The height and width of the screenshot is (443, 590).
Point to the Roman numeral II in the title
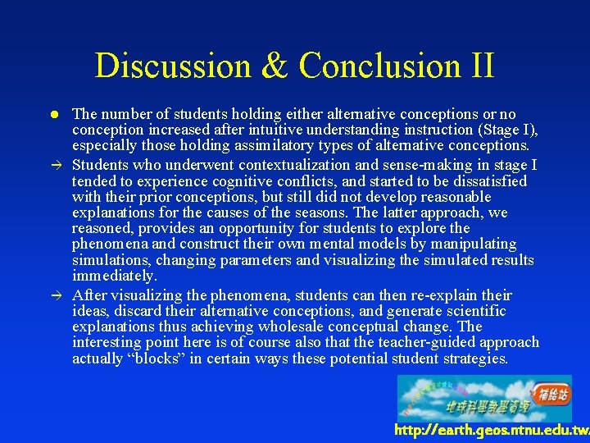[x=479, y=66]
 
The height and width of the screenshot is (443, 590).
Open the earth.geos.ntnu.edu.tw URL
[x=491, y=430]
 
